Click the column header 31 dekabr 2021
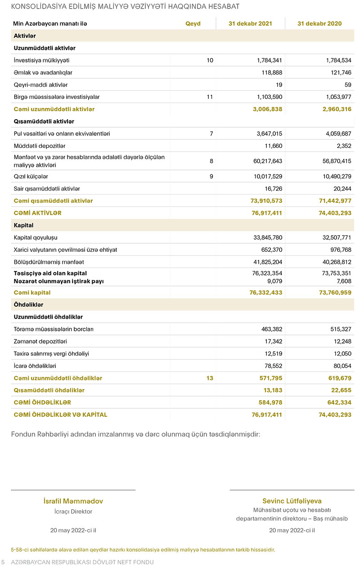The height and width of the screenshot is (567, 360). point(250,24)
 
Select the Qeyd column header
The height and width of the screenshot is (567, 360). point(193,24)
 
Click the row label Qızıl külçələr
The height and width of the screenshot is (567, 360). point(31,177)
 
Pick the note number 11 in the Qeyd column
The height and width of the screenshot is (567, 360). point(210,97)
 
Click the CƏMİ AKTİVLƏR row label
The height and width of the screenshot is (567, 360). point(38,213)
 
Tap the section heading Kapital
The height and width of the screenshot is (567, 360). point(24,225)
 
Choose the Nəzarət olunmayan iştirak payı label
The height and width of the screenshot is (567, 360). point(59,281)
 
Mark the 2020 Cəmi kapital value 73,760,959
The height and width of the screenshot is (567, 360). point(334,293)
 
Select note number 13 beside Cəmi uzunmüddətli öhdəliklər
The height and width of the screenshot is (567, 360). point(210,378)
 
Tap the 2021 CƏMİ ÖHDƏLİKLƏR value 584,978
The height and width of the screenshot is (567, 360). point(270,402)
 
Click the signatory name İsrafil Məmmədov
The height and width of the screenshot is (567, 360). point(73,501)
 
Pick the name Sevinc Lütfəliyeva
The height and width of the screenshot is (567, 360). point(292,501)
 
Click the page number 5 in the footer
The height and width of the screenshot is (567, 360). point(3,562)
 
